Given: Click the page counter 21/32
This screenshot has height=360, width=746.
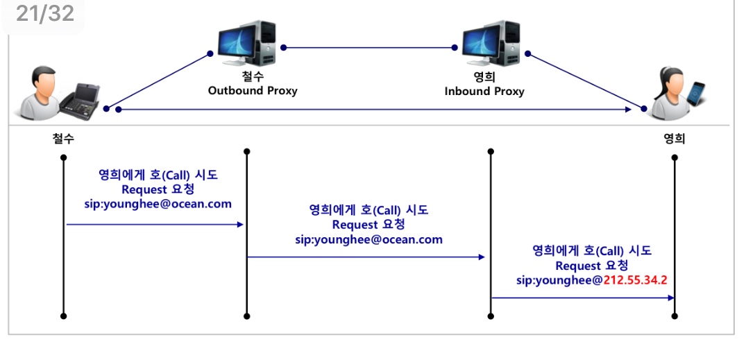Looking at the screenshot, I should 44,13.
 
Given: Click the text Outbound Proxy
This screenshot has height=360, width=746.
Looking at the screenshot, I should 253,91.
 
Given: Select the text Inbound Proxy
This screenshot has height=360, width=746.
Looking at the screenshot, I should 484,92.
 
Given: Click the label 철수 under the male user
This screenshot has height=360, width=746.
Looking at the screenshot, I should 63,138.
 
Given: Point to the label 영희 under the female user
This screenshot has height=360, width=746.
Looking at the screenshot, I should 675,138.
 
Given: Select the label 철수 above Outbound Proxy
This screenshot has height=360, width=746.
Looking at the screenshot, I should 253,78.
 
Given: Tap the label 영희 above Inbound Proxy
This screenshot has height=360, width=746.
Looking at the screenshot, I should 484,78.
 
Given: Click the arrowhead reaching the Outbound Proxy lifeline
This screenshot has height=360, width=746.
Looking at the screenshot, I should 240,224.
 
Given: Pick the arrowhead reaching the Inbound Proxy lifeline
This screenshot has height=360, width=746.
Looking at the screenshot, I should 482,257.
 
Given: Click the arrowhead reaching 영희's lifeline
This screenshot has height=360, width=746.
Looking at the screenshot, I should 671,298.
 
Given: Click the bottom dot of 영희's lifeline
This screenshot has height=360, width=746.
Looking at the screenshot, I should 675,316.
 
